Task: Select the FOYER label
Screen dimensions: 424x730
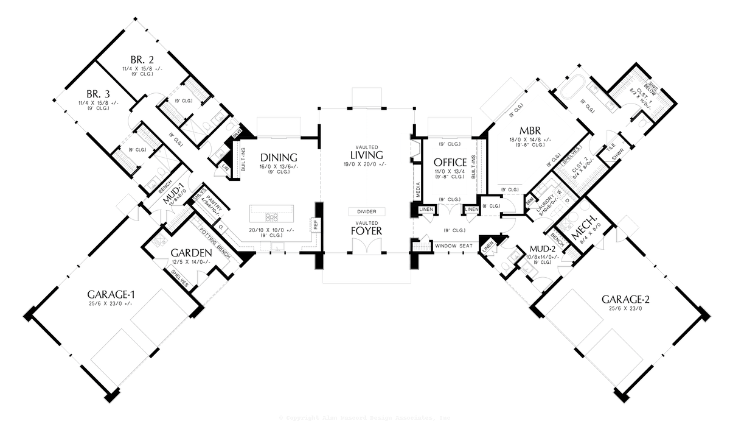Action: (367, 231)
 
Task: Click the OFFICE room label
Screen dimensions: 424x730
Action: (450, 163)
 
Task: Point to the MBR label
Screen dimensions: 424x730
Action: (530, 130)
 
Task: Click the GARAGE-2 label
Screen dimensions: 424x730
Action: (626, 299)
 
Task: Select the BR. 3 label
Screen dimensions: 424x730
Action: (98, 94)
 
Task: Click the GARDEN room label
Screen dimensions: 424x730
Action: (190, 253)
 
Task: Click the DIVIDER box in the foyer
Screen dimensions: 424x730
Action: (367, 211)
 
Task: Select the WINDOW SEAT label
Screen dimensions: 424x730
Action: (453, 246)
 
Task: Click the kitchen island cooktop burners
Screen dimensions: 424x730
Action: (272, 216)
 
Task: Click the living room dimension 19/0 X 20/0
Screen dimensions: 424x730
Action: (367, 164)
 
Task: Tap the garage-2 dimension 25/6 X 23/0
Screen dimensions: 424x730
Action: (626, 309)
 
